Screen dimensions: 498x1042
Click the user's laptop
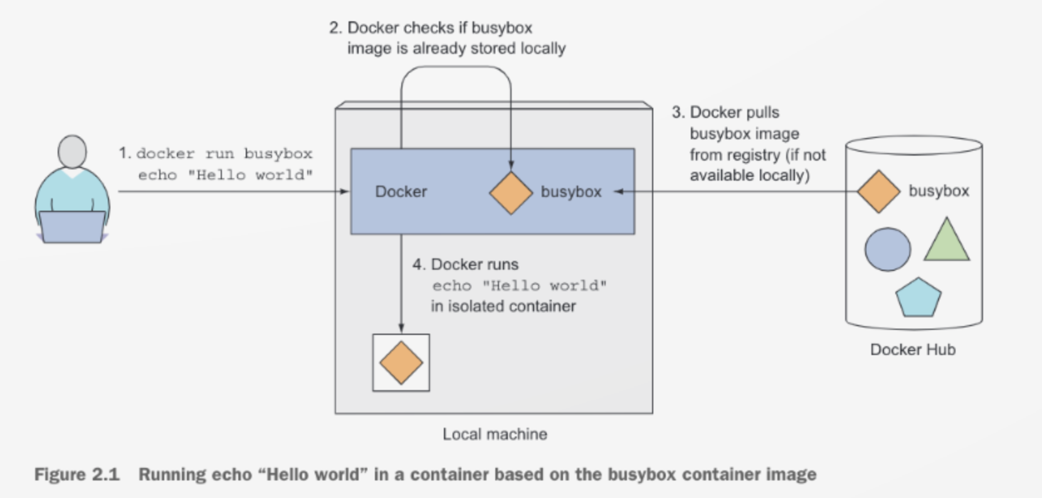pos(72,226)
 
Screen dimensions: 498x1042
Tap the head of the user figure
pos(72,151)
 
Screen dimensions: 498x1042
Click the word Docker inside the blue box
pos(401,191)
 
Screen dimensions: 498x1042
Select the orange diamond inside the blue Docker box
pos(511,193)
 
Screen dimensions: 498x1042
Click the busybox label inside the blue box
pos(571,191)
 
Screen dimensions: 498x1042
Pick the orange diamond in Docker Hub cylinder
pos(878,191)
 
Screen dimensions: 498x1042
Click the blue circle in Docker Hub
pos(887,249)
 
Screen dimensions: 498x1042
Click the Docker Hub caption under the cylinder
pos(912,349)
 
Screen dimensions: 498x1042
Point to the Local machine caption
pos(495,434)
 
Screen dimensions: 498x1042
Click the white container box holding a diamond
pos(401,363)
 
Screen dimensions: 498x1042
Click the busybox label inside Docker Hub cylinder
pos(939,191)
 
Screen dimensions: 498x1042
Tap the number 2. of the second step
pos(335,28)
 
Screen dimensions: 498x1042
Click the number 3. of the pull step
pos(678,112)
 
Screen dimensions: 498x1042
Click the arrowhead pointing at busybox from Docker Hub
pos(618,192)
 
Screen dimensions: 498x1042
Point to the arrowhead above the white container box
pos(401,328)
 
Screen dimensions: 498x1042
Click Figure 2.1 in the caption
pos(76,474)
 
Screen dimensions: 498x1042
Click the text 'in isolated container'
pos(503,306)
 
